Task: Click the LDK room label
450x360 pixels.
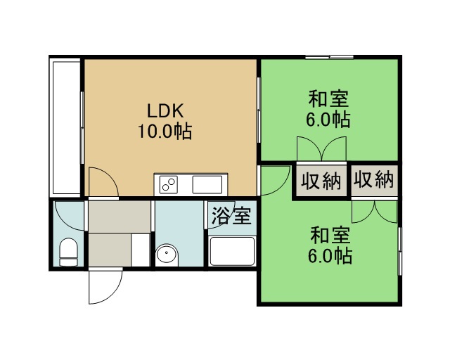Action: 165,111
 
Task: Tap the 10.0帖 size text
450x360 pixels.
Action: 165,131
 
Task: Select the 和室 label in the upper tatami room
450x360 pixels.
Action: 328,98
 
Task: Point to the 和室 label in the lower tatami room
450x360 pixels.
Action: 330,235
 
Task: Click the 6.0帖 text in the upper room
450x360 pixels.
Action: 328,120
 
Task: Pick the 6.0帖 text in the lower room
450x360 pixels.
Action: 330,256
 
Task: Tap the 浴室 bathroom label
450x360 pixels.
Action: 231,216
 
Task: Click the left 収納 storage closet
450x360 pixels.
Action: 321,181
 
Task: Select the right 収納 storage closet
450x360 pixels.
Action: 374,181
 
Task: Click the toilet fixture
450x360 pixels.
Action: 68,252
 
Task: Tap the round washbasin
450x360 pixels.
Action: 167,255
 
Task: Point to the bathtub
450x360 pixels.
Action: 232,251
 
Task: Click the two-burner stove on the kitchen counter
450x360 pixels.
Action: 168,184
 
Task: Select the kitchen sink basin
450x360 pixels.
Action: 207,184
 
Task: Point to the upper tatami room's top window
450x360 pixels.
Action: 329,58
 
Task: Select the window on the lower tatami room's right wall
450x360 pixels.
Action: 400,251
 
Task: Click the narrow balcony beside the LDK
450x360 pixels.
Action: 65,128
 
